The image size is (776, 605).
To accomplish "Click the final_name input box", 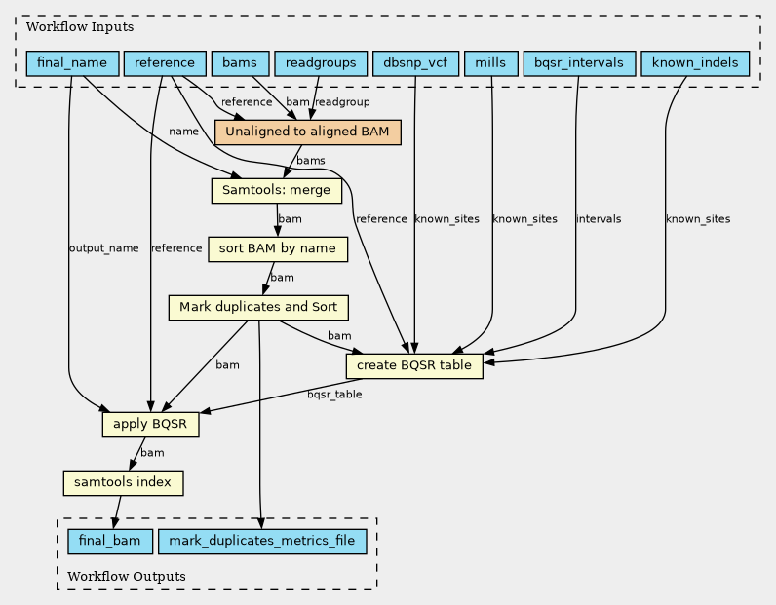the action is tap(72, 63).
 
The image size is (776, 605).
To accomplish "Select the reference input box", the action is tap(165, 63).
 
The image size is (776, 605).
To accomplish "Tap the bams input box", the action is tap(240, 63).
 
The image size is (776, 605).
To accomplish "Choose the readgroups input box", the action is tap(321, 63).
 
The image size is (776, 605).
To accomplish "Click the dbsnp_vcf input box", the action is tap(415, 63).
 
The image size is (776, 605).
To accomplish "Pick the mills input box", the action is tap(491, 63).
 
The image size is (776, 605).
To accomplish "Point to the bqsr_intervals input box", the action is tap(579, 63).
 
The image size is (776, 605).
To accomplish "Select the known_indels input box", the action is tap(695, 63).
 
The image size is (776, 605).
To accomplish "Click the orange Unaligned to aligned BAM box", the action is tap(307, 132).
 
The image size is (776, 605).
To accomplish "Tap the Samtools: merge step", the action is tap(277, 190).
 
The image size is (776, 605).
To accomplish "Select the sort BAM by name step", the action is tap(278, 248).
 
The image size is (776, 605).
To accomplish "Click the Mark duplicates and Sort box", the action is tap(258, 307).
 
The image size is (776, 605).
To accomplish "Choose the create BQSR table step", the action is tap(414, 365).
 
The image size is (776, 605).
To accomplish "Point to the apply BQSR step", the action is tap(150, 424).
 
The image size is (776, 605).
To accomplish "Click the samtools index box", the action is tap(123, 482).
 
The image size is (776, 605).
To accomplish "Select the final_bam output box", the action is tap(110, 541).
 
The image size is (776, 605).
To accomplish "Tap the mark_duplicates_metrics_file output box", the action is tap(262, 541).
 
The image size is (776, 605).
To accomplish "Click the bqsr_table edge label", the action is tap(334, 395).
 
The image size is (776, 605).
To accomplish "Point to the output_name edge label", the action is tap(104, 248).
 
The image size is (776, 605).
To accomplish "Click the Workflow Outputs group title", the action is tap(127, 577).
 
